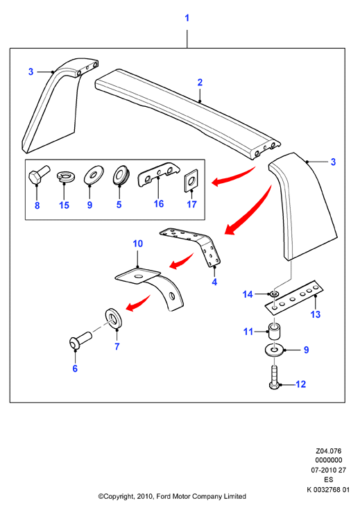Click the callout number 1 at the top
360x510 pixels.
pyautogui.click(x=187, y=18)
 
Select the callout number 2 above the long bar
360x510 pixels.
pyautogui.click(x=200, y=83)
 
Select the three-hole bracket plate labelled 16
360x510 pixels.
pyautogui.click(x=158, y=174)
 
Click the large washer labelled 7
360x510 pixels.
pyautogui.click(x=114, y=318)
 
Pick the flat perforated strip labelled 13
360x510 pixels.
pyautogui.click(x=294, y=297)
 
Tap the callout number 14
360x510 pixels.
pyautogui.click(x=248, y=294)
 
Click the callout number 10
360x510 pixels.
pyautogui.click(x=137, y=244)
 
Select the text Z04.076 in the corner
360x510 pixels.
pyautogui.click(x=329, y=451)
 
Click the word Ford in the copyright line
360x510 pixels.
pyautogui.click(x=164, y=497)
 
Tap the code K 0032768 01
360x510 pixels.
pyautogui.click(x=328, y=489)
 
